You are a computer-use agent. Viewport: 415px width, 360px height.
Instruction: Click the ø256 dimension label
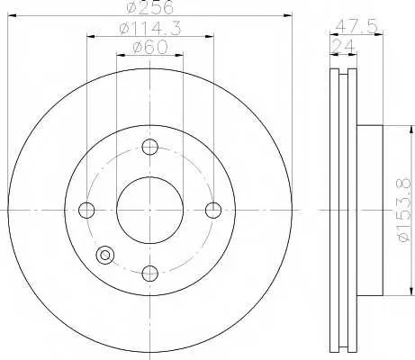149,7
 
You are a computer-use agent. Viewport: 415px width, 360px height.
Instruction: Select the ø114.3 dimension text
150,29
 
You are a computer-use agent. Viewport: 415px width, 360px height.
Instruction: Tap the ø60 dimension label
150,48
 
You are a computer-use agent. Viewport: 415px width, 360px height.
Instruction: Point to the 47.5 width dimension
356,27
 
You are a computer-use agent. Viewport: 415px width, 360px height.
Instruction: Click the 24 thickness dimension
343,47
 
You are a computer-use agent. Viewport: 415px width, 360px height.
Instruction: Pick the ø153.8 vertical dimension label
403,210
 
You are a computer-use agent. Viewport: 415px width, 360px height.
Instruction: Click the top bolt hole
149,147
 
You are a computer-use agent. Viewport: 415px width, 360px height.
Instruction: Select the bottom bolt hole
149,274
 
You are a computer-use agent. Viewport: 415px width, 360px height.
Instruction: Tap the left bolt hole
86,210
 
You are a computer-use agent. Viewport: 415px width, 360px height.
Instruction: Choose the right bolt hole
213,210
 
